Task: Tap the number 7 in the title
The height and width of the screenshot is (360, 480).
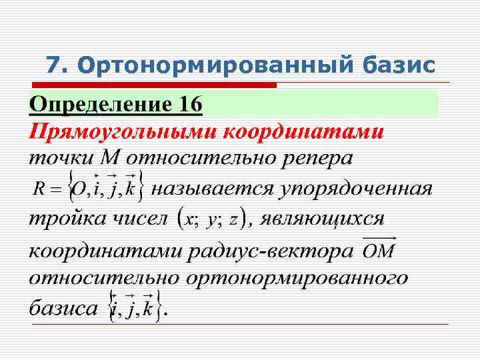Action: pyautogui.click(x=53, y=65)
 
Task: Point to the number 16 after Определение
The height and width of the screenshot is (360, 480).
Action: pyautogui.click(x=184, y=105)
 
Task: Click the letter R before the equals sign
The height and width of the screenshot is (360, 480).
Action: pyautogui.click(x=39, y=190)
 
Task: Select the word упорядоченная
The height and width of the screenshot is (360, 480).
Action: pyautogui.click(x=356, y=189)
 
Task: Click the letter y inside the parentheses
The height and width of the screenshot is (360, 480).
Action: pyautogui.click(x=212, y=221)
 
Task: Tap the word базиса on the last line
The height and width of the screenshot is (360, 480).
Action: pyautogui.click(x=63, y=309)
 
